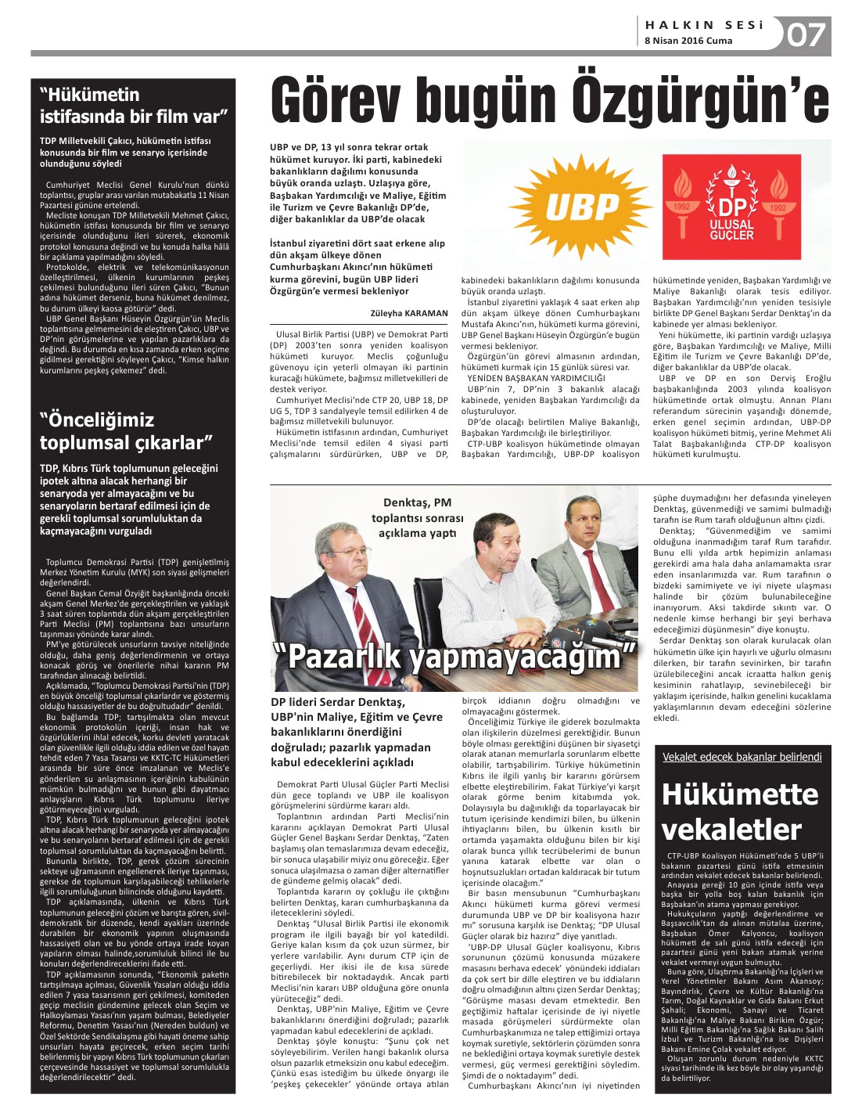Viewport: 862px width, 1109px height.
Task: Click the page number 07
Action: click(806, 35)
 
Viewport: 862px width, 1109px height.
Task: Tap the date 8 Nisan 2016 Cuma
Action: click(688, 41)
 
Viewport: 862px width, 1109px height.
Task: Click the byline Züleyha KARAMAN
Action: click(415, 312)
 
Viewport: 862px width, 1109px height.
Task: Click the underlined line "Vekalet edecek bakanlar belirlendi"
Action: click(742, 757)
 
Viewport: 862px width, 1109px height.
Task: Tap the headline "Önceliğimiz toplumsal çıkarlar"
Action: click(125, 431)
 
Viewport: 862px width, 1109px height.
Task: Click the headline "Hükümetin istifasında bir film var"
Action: click(133, 106)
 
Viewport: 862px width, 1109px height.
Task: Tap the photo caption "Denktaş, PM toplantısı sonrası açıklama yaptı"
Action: click(418, 517)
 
